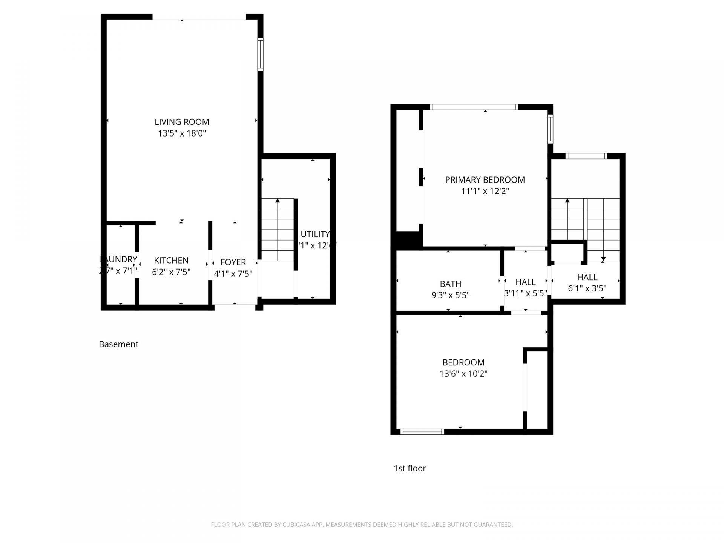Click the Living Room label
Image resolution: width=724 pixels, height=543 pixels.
(182, 122)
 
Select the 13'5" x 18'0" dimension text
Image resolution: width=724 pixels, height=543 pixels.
(182, 133)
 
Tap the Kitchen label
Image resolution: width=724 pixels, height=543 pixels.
(171, 260)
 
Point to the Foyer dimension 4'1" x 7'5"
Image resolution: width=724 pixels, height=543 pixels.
(233, 274)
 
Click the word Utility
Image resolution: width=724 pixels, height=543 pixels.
(315, 234)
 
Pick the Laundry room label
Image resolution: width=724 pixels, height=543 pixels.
(118, 259)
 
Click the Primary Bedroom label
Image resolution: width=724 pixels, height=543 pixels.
(485, 180)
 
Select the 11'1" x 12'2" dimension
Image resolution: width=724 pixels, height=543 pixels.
(485, 191)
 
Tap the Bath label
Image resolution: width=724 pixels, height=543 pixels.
(450, 284)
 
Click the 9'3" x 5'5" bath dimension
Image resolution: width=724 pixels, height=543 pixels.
(450, 295)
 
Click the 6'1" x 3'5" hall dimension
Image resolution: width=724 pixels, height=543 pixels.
(587, 288)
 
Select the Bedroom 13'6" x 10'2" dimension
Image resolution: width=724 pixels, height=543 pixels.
(463, 374)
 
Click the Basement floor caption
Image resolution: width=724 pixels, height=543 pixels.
(118, 344)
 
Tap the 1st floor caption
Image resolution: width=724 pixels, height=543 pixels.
(410, 468)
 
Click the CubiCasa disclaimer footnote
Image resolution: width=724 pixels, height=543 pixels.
(362, 525)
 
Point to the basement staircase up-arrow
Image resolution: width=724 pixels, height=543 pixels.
(278, 201)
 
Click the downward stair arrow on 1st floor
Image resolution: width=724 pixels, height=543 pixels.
(603, 259)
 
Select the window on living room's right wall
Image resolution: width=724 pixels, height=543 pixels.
(260, 54)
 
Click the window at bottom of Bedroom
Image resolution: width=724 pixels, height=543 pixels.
(422, 432)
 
